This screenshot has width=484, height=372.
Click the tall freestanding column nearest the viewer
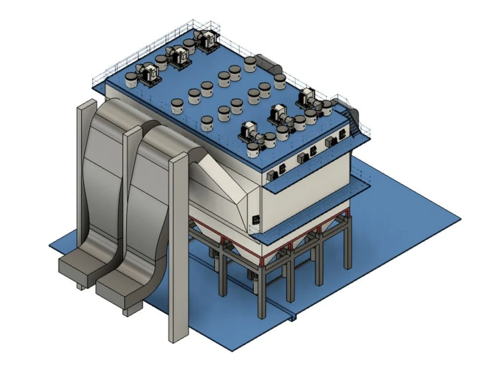pyautogui.click(x=178, y=247)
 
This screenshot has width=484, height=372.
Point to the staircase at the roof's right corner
pyautogui.click(x=353, y=118)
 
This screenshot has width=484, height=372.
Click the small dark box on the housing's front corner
pyautogui.click(x=256, y=219)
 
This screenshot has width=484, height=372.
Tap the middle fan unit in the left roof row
pyautogui.click(x=178, y=56)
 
